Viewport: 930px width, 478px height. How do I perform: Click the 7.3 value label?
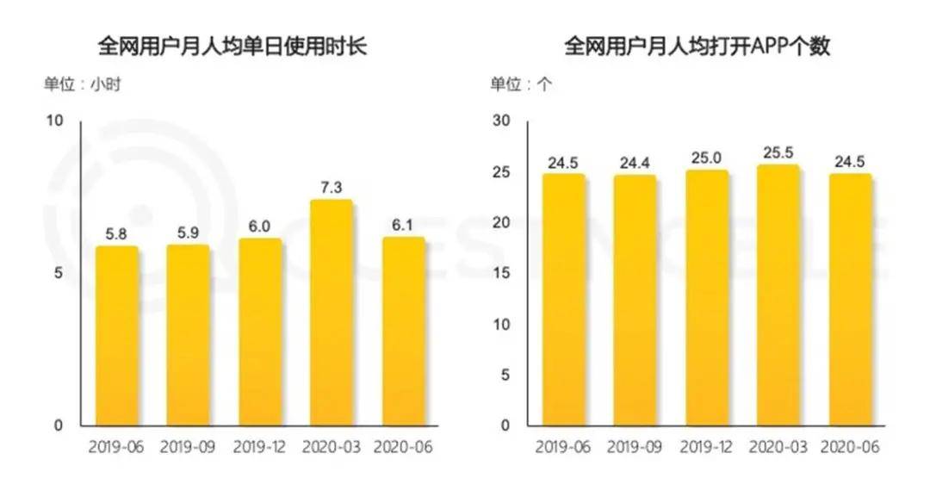332,187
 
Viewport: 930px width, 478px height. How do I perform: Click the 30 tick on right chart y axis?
500,121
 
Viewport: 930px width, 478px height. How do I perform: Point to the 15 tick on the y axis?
500,273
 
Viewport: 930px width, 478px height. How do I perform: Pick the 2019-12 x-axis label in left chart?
260,448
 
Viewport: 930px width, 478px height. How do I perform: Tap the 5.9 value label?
188,233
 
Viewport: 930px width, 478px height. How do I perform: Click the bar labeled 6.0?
260,332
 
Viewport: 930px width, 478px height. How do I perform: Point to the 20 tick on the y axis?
500,222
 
